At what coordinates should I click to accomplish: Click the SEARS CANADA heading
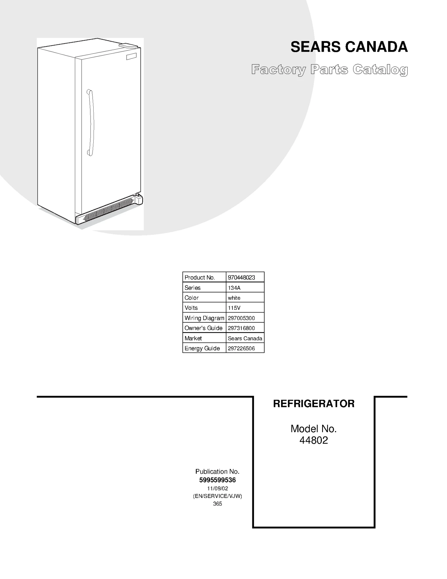pyautogui.click(x=349, y=47)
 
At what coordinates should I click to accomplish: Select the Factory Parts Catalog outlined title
pyautogui.click(x=329, y=70)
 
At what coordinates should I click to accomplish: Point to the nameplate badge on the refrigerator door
pyautogui.click(x=131, y=56)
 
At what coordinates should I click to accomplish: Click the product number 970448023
pyautogui.click(x=241, y=277)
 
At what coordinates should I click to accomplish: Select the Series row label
pyautogui.click(x=192, y=288)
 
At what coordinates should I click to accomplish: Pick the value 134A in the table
pyautogui.click(x=234, y=288)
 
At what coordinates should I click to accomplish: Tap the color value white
pyautogui.click(x=234, y=298)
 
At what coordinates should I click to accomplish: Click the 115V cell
pyautogui.click(x=234, y=308)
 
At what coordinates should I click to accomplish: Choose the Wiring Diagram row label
pyautogui.click(x=204, y=318)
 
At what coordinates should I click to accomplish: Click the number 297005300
pyautogui.click(x=241, y=318)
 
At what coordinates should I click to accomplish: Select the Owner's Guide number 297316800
pyautogui.click(x=241, y=328)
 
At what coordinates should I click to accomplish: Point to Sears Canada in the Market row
pyautogui.click(x=245, y=338)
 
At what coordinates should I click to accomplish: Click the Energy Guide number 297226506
pyautogui.click(x=241, y=348)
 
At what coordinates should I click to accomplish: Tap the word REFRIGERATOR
pyautogui.click(x=314, y=404)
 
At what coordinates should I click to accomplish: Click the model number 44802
pyautogui.click(x=314, y=440)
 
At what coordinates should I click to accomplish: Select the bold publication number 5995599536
pyautogui.click(x=217, y=480)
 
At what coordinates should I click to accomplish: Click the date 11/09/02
pyautogui.click(x=217, y=488)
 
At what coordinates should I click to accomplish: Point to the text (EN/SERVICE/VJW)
pyautogui.click(x=217, y=496)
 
